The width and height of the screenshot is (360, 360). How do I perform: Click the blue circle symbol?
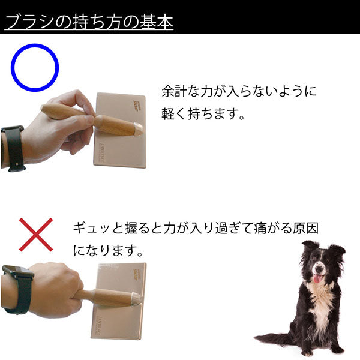pyautogui.click(x=35, y=46)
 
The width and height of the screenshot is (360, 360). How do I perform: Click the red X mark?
pyautogui.click(x=36, y=235)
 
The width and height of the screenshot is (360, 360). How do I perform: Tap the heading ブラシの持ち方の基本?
pyautogui.click(x=89, y=22)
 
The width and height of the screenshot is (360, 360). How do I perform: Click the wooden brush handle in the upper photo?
pyautogui.click(x=92, y=119)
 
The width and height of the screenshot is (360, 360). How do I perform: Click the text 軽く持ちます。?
pyautogui.click(x=203, y=114)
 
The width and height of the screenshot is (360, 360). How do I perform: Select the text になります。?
pyautogui.click(x=108, y=250)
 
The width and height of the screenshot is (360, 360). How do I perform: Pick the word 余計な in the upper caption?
pyautogui.click(x=181, y=91)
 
